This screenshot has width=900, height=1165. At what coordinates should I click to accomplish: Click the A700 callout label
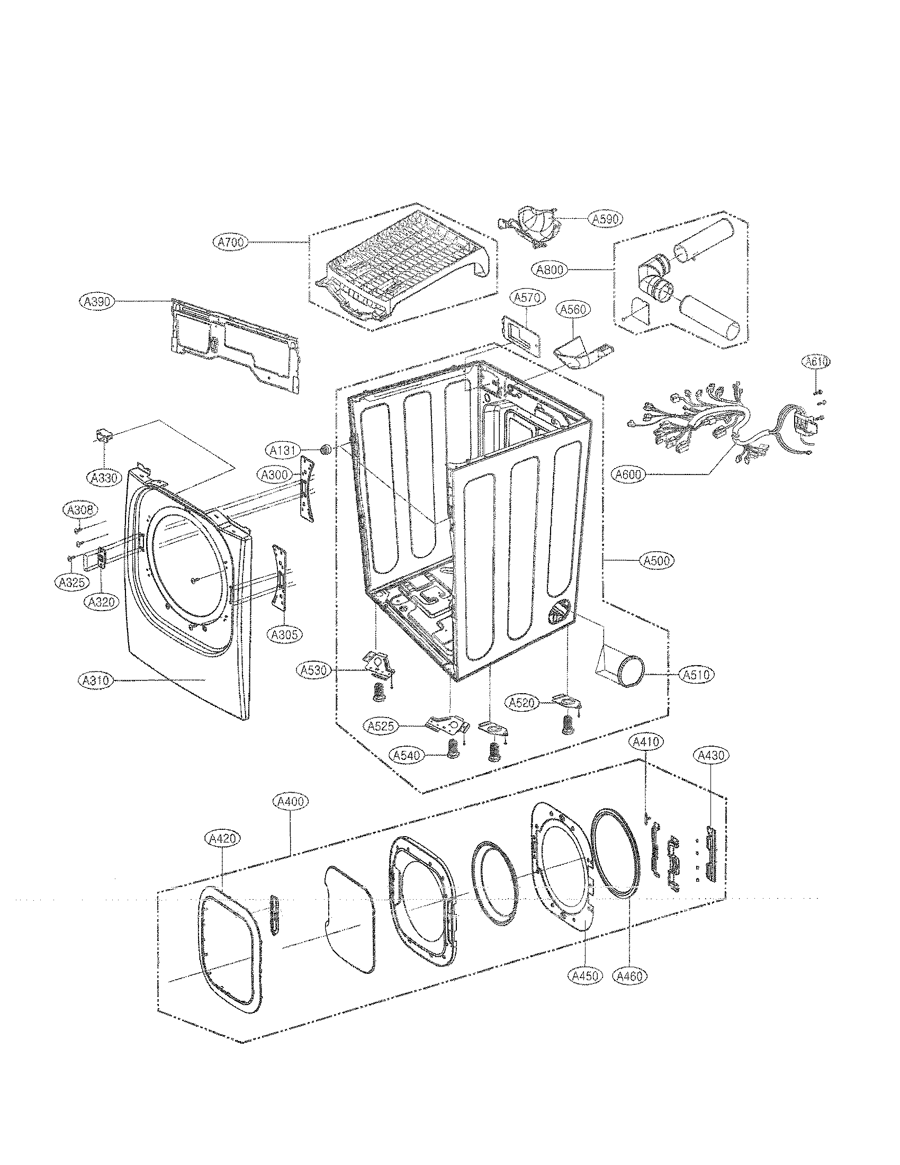coord(231,243)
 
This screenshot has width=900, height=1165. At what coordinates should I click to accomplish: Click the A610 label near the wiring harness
coord(816,362)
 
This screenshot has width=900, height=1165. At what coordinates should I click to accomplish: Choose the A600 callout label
coord(629,474)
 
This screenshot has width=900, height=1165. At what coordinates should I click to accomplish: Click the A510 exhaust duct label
coord(697,674)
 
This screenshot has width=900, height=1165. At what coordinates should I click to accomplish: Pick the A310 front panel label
coord(95,680)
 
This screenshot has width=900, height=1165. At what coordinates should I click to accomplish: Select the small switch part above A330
coord(104,436)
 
